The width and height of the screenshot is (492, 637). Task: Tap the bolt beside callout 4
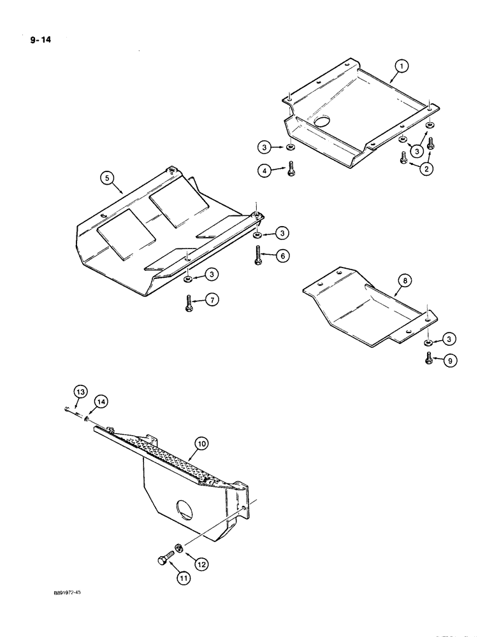coord(291,169)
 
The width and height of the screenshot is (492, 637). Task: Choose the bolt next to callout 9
coord(429,359)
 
